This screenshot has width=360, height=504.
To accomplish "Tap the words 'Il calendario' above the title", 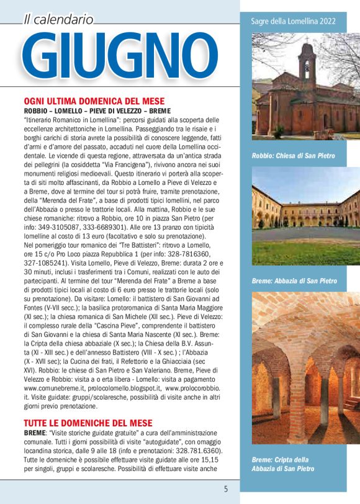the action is pos(58,19).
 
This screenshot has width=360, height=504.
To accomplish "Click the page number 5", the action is pos(226,488).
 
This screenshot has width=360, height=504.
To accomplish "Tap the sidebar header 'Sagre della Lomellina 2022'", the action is pos(293,21).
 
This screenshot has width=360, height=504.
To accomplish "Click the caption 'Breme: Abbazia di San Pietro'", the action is pos(294,281).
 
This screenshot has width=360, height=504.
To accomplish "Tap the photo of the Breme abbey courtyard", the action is pos(299,217).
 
